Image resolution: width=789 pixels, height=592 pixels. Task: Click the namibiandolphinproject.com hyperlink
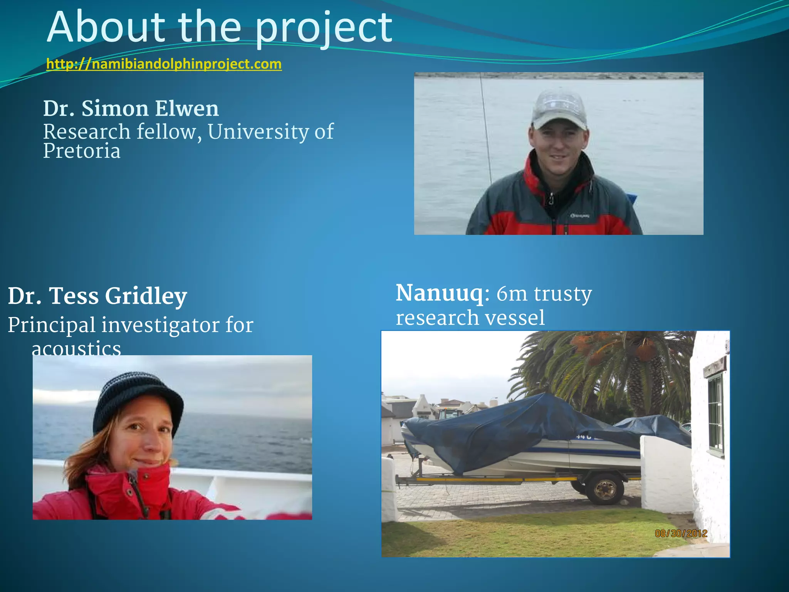click(164, 64)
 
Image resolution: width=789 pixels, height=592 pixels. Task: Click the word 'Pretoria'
click(82, 151)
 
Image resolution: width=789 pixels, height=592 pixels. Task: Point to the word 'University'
click(258, 132)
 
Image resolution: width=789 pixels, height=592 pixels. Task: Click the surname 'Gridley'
click(146, 296)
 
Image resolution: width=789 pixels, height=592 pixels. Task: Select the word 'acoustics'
click(76, 348)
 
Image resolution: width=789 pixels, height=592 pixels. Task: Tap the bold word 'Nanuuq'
click(439, 293)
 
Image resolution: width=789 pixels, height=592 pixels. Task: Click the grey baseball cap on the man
click(559, 108)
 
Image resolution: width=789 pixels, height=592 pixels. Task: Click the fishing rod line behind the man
click(486, 131)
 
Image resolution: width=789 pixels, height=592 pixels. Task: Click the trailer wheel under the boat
click(605, 489)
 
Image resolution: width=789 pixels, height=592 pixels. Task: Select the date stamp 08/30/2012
click(681, 533)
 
